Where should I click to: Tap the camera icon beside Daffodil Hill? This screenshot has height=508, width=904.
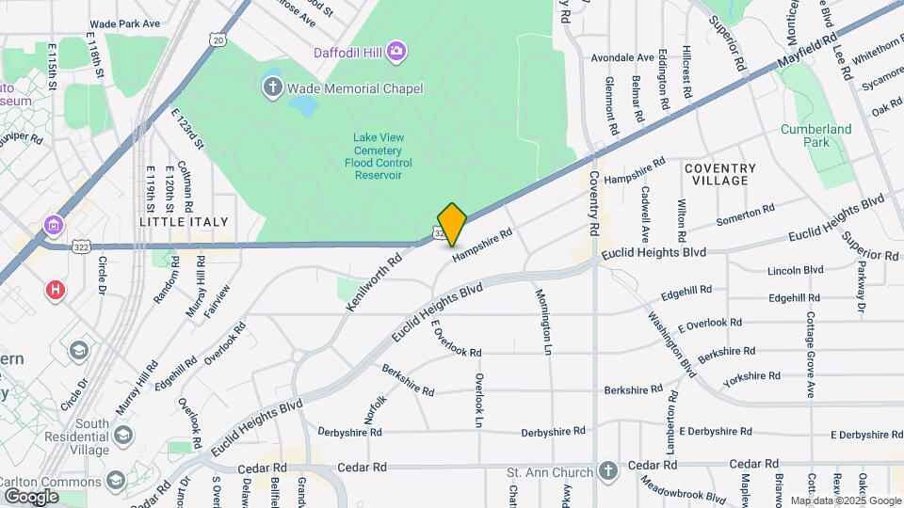click(397, 49)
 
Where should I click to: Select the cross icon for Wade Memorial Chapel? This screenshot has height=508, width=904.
click(272, 88)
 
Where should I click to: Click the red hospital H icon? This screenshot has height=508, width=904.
click(56, 289)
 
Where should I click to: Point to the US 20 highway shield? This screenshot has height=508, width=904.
click(218, 40)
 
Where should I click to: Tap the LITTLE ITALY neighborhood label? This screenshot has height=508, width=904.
click(184, 221)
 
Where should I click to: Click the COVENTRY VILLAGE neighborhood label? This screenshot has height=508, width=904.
click(720, 174)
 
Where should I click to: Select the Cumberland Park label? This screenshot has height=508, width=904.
click(815, 135)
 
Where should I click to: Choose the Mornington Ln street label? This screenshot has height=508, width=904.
click(545, 322)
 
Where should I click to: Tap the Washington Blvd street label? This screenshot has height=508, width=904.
click(673, 338)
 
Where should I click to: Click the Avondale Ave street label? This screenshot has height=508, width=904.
click(622, 57)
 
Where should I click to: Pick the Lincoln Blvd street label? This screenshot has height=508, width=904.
click(796, 270)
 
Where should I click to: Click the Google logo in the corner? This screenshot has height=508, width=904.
click(31, 496)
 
